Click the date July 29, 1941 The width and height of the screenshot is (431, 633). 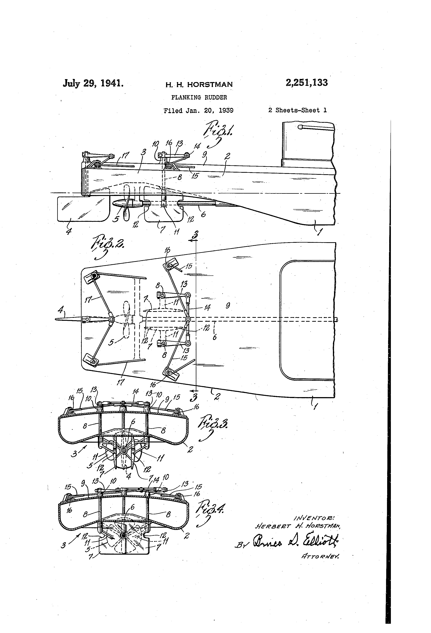pos(93,83)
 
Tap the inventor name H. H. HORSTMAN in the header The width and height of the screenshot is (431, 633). pos(199,85)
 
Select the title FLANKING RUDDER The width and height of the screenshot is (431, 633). pos(199,97)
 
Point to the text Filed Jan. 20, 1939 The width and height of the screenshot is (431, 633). pos(199,110)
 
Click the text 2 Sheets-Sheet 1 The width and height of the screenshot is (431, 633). pos(297,110)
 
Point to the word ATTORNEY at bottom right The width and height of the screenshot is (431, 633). pos(320,557)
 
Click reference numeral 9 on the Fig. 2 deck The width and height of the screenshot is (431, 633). pos(228,306)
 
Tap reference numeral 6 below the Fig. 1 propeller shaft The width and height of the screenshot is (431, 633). pos(203,214)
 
